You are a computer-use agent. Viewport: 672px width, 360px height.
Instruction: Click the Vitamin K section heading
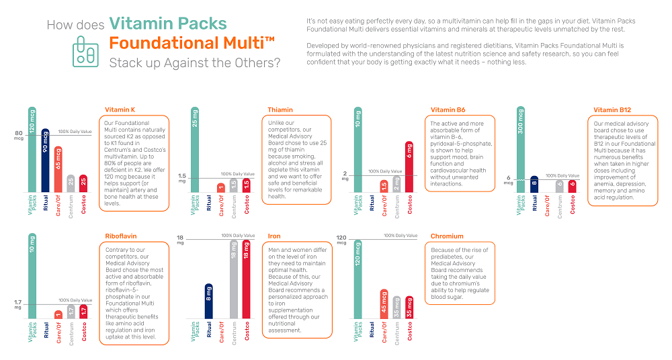click(120, 109)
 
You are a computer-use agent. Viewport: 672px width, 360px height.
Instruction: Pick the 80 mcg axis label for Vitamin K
click(18, 136)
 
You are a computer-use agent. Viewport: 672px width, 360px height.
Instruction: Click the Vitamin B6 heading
click(448, 109)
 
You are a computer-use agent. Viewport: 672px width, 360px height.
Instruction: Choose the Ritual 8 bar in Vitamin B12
click(534, 183)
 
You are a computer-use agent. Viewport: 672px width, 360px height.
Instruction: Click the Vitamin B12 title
click(612, 109)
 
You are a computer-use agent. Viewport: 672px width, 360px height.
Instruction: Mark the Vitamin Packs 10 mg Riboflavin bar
click(32, 275)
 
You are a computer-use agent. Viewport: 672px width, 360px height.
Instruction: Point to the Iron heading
click(274, 236)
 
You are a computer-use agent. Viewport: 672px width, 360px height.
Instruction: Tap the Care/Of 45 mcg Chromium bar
click(384, 304)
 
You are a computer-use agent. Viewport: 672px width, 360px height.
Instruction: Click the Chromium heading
click(446, 236)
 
